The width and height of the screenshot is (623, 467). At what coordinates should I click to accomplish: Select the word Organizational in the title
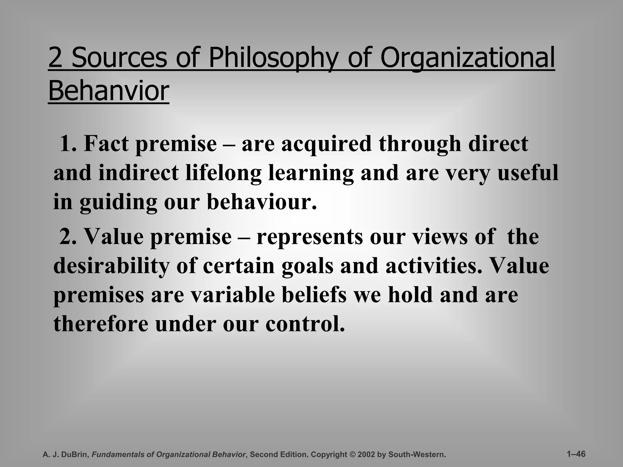[x=467, y=58]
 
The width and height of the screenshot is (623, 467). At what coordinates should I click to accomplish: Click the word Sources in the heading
[x=119, y=58]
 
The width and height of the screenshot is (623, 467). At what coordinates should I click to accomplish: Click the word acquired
[x=326, y=144]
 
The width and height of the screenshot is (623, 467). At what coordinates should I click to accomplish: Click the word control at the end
[x=305, y=324]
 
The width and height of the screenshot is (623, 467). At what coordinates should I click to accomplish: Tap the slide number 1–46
[x=576, y=454]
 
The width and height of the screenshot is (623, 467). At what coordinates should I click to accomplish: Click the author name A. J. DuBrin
[x=66, y=455]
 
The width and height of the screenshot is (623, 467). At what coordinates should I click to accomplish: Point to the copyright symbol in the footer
[x=353, y=455]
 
